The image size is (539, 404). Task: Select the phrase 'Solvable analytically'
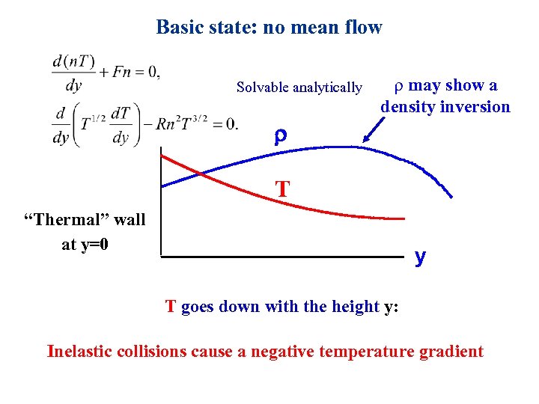tap(299, 88)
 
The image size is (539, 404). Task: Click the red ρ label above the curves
tap(279, 136)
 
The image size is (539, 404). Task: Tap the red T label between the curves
tap(282, 189)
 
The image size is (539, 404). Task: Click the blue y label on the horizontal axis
tap(420, 257)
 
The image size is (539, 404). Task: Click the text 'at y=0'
tap(85, 244)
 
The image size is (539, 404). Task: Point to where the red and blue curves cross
tap(201, 174)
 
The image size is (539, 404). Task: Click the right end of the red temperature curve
tap(404, 219)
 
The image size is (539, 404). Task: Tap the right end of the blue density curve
tap(451, 196)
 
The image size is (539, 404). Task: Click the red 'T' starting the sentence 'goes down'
tap(171, 307)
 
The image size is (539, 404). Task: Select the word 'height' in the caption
tap(354, 307)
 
